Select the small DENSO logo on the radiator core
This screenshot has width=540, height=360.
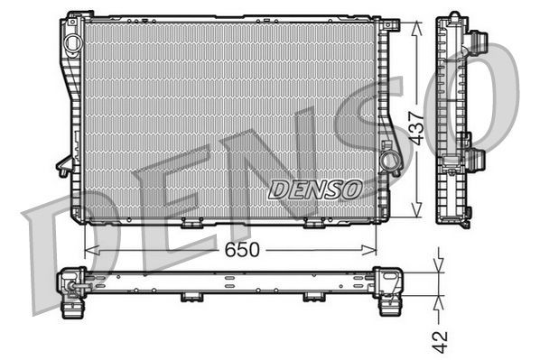click(x=315, y=189)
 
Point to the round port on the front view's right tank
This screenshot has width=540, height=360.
click(x=389, y=162)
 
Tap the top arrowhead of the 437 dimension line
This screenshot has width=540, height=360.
click(x=415, y=25)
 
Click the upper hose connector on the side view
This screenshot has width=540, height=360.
click(x=479, y=42)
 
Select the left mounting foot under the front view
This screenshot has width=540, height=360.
click(x=192, y=223)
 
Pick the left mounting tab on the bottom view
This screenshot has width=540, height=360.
click(x=192, y=295)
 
